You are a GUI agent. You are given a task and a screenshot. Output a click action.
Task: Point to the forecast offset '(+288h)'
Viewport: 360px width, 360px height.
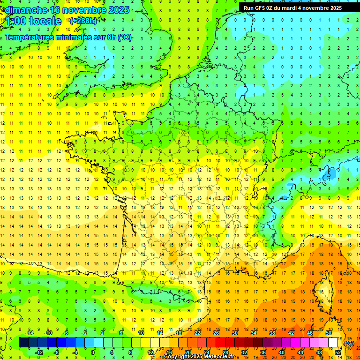83,21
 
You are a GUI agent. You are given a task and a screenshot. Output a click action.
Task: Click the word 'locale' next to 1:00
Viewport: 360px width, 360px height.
45,21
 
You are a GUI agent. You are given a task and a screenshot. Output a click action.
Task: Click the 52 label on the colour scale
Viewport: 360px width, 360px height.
338,352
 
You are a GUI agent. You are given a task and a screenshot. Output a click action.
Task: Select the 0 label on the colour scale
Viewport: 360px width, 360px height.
92,352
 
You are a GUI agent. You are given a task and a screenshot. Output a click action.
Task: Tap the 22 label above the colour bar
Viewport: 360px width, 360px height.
197,333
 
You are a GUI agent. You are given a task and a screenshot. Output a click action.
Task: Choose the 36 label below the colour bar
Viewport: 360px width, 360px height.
263,352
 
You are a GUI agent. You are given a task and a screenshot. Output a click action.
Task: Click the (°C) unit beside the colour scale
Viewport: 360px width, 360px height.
349,343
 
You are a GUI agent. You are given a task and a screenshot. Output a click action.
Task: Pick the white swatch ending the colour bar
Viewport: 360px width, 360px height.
333,343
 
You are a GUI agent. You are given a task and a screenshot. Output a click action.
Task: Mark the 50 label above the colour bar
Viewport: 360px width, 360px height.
329,333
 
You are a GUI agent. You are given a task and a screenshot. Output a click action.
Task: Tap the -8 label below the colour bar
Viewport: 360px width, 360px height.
57,352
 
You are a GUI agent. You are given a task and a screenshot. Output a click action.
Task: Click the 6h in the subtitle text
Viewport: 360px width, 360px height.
112,37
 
